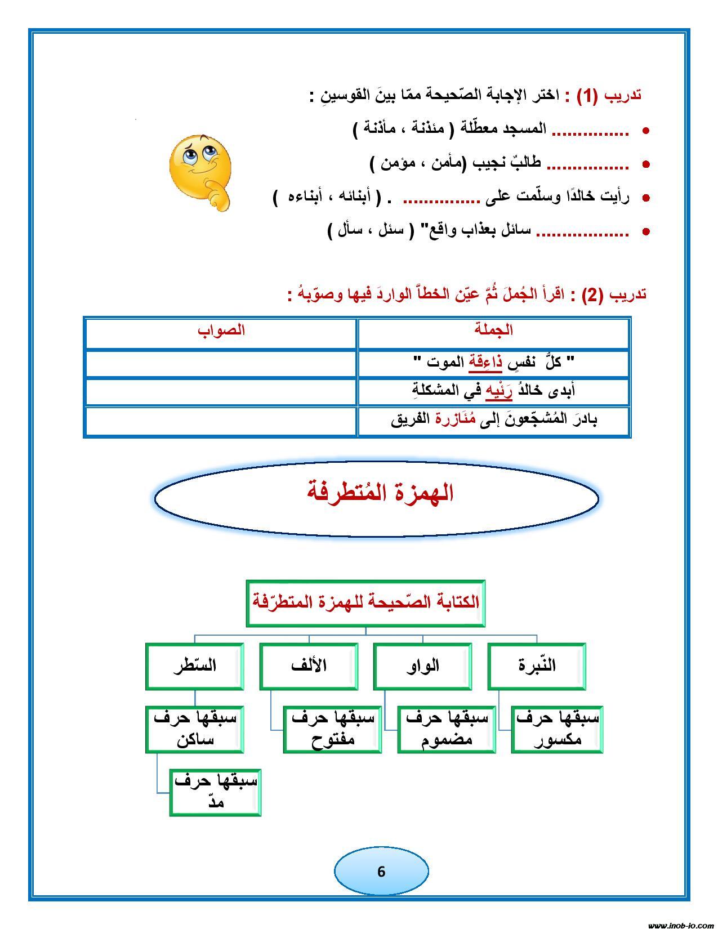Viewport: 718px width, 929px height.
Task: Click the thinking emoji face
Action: [200, 172]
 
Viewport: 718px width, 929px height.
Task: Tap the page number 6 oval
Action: [381, 870]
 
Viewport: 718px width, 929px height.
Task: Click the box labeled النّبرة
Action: [537, 666]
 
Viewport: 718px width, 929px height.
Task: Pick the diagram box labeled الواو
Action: [422, 666]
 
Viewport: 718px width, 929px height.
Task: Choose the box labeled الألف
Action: [309, 666]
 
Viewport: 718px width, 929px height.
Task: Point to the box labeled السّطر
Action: [195, 666]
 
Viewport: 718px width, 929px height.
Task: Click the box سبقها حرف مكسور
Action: [557, 729]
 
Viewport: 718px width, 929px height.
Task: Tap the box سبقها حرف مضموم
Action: [447, 729]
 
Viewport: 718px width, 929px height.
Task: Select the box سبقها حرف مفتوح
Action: [332, 729]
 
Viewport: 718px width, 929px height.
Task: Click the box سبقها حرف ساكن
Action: [195, 729]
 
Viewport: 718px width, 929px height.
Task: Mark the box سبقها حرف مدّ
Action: [215, 792]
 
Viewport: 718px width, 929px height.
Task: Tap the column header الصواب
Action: [221, 330]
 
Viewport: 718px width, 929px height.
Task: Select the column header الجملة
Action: [493, 330]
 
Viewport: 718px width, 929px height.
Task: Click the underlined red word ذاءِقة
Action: [485, 363]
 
